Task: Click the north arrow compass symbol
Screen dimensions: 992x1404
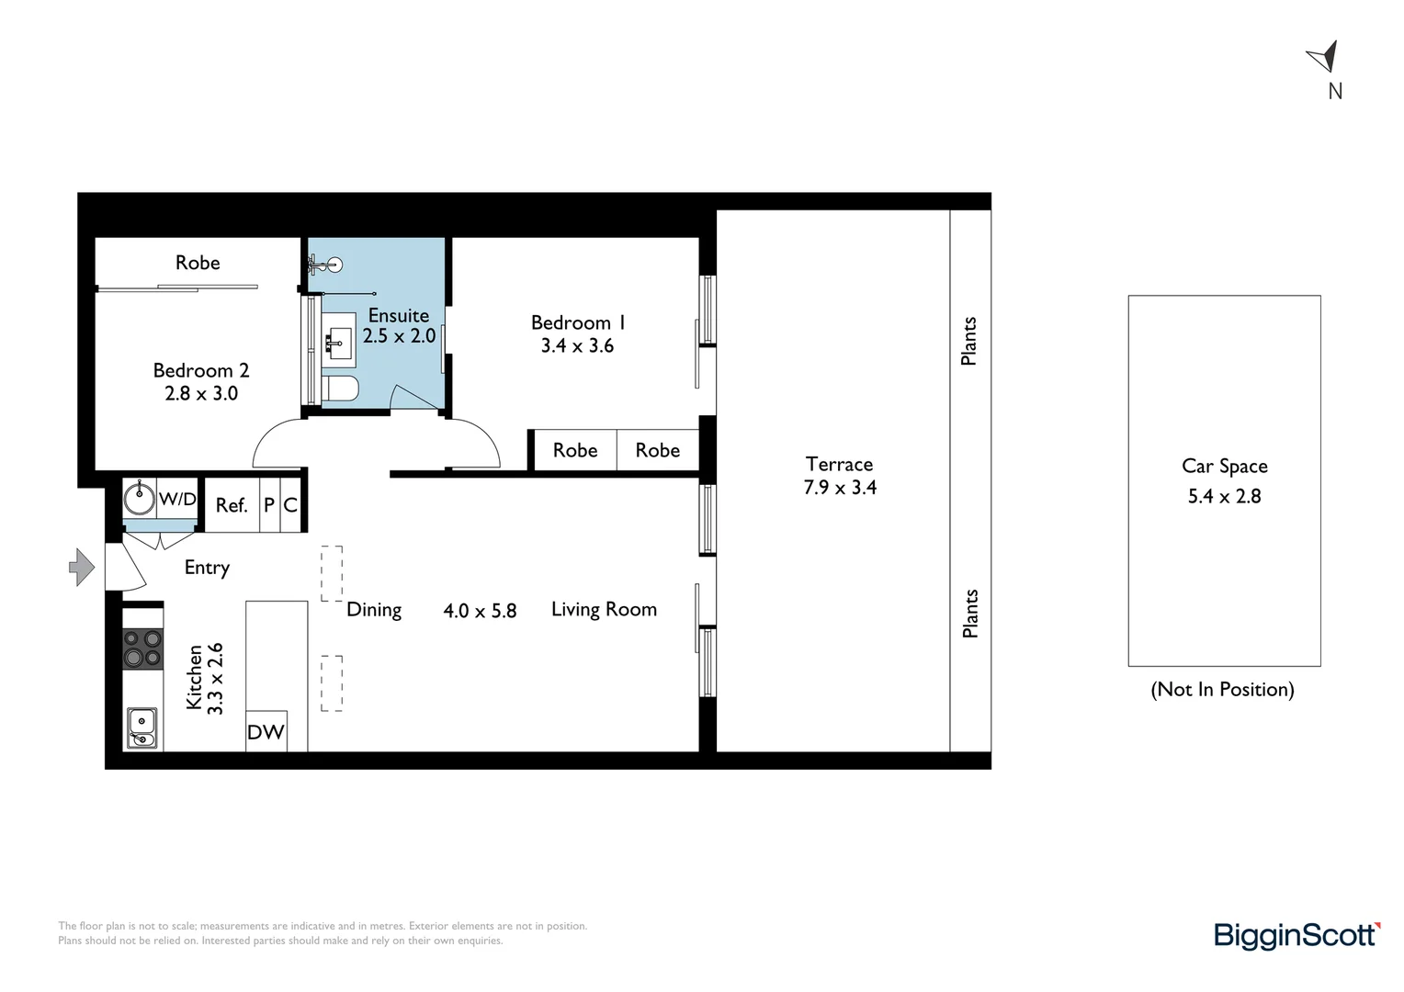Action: (x=1324, y=57)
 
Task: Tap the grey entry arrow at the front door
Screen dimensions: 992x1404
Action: (x=82, y=567)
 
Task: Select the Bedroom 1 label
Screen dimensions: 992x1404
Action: (x=578, y=322)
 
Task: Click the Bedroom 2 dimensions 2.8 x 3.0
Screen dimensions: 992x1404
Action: (x=201, y=393)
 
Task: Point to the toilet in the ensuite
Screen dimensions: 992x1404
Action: (x=339, y=389)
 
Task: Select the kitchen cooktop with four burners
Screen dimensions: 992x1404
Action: (x=143, y=648)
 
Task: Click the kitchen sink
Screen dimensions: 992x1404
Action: (x=142, y=727)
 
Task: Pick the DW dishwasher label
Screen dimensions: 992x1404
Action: (x=266, y=732)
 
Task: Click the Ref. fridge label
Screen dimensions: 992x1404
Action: (x=232, y=505)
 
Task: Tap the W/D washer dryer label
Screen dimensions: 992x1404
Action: (x=177, y=499)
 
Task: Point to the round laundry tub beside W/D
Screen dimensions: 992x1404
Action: (x=140, y=499)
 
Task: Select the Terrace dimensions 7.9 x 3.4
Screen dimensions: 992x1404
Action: (x=840, y=488)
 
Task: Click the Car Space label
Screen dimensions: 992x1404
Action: (x=1224, y=466)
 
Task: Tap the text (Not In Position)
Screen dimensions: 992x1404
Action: (x=1222, y=690)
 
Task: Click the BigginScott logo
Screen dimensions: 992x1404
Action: (x=1296, y=935)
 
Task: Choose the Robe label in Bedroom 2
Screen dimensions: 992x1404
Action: (x=198, y=263)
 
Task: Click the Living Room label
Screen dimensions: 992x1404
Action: (x=604, y=609)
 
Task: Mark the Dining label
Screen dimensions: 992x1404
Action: (x=374, y=610)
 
